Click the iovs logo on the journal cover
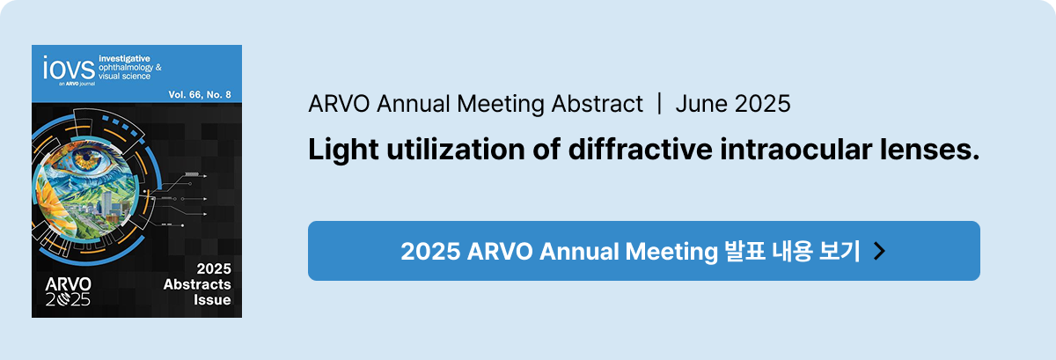click(70, 69)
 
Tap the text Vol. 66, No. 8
click(200, 95)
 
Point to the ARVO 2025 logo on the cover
click(69, 291)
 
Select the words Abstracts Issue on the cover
click(197, 291)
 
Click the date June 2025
click(732, 104)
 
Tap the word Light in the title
click(343, 150)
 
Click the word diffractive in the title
click(640, 149)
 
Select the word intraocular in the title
click(796, 149)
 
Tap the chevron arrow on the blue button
click(879, 251)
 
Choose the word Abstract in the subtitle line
click(597, 104)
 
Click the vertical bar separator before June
click(659, 104)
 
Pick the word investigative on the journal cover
click(124, 59)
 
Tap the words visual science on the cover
click(124, 76)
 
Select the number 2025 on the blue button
click(430, 251)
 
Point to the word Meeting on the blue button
click(671, 252)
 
